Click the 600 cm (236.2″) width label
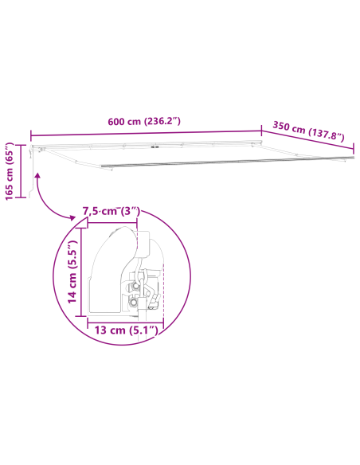[144, 122]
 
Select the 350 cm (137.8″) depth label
[308, 132]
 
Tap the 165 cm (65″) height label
[10, 173]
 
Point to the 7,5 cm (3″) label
[112, 212]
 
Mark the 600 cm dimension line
[146, 132]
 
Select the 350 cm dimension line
[307, 144]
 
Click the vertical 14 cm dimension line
[81, 271]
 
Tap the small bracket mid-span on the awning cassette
[155, 148]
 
